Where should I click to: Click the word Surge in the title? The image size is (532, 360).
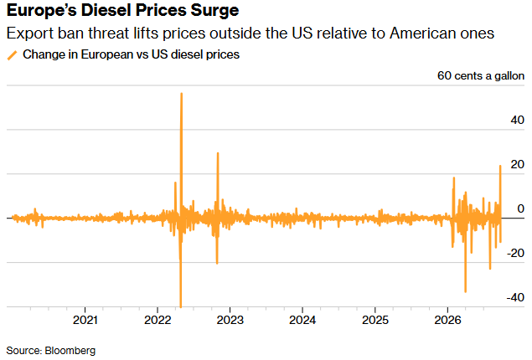pos(214,11)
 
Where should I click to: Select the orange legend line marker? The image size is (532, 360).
pos(13,55)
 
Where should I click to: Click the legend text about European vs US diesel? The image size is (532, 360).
pos(131,54)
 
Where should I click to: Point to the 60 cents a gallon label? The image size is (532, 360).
pos(480,75)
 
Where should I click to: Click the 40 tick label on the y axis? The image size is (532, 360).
pos(517,120)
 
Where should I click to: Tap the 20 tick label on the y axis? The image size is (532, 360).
pos(517,164)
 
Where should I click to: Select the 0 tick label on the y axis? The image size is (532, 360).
pos(520,208)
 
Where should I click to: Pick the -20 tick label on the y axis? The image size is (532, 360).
pos(515,253)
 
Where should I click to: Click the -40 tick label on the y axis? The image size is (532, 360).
pos(515,297)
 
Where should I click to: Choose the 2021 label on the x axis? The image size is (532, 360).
pos(85,320)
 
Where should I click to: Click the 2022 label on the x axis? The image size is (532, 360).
pos(158,320)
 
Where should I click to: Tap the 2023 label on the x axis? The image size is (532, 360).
pos(230,320)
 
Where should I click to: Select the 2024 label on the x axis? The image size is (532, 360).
pos(302,320)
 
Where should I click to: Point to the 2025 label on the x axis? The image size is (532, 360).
pos(374,320)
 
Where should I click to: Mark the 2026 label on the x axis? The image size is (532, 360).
pos(447,320)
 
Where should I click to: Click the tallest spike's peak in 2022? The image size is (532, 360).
pos(182,94)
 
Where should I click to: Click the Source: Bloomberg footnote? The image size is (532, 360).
pos(51,351)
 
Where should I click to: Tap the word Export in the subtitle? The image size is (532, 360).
pos(30,33)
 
